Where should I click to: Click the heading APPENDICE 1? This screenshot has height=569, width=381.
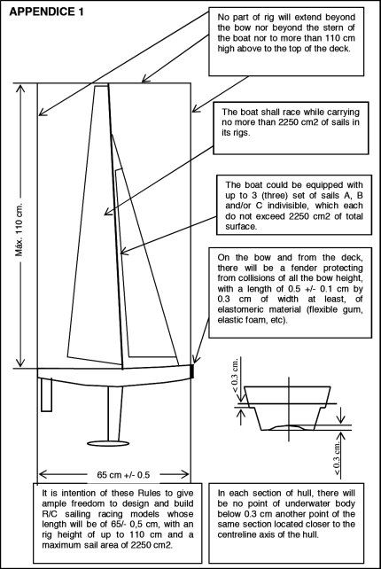coord(46,12)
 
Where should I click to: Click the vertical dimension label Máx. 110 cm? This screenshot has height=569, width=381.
coord(19,229)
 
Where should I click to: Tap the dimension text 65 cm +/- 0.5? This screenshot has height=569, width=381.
coord(123,475)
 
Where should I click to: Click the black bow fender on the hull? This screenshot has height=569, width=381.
coord(192,371)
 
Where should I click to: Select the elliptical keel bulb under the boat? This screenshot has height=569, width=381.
coord(108,443)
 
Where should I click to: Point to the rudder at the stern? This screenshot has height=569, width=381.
coord(46,394)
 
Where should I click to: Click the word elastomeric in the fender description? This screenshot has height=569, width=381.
coord(241,309)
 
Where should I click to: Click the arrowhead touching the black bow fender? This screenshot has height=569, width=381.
coord(195,359)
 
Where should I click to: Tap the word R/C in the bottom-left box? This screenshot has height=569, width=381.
coord(51,514)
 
